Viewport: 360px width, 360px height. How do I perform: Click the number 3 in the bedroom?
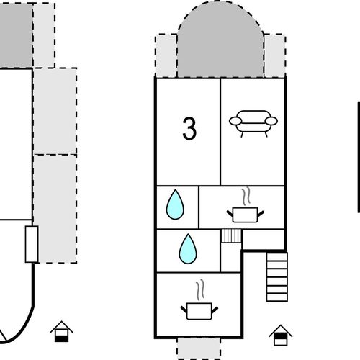[x=189, y=128]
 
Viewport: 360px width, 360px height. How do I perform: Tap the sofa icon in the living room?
[x=253, y=124]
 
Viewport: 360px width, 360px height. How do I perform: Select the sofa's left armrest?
[x=235, y=121]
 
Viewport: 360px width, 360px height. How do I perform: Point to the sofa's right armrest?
[x=271, y=121]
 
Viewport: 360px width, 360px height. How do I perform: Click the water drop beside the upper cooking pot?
[x=175, y=204]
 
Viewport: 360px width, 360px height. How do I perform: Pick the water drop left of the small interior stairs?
[x=188, y=249]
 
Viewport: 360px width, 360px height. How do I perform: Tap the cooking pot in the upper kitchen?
[x=246, y=215]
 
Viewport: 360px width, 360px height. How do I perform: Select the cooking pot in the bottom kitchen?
[x=199, y=311]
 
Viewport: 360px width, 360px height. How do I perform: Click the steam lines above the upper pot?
[x=246, y=197]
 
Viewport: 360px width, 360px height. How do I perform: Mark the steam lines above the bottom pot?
[x=200, y=290]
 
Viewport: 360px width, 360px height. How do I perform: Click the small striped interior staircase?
[x=231, y=235]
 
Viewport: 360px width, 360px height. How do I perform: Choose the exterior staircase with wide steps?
[x=277, y=276]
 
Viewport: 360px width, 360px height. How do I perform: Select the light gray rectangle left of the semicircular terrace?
[x=166, y=56]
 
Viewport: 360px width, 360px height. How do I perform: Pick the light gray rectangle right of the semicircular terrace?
[x=275, y=56]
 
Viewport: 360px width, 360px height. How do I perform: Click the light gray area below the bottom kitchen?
[x=199, y=348]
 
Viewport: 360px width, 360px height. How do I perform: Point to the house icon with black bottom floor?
[x=62, y=331]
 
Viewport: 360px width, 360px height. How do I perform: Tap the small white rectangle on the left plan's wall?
[x=32, y=244]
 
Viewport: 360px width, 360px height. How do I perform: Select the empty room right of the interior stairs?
[x=264, y=239]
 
